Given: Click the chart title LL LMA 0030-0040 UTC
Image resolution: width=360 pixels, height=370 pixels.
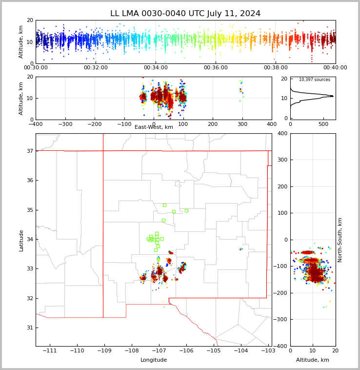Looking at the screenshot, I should click(185, 14).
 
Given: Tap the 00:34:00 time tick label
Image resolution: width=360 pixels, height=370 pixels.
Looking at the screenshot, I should click(156, 68).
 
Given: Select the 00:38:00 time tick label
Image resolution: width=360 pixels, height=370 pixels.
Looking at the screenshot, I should click(276, 68).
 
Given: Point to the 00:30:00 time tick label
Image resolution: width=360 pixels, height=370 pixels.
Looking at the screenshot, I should click(36, 68).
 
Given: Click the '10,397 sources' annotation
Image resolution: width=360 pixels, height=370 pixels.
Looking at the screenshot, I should click(314, 80).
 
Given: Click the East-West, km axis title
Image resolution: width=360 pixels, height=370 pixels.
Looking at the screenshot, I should click(154, 127).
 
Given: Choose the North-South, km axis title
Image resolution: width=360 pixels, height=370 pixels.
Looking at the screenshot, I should click(340, 240).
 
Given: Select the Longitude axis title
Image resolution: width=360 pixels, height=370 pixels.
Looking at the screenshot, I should click(154, 360).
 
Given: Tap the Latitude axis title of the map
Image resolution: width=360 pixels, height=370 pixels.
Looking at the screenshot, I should click(21, 240).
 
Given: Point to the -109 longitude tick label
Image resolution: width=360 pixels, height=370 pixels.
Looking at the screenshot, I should click(103, 351).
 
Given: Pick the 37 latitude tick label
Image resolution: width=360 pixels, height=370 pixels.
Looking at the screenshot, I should click(29, 151).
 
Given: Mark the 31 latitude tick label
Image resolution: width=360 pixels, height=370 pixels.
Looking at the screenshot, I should click(29, 328).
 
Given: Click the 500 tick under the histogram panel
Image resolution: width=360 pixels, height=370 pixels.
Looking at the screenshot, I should click(323, 124).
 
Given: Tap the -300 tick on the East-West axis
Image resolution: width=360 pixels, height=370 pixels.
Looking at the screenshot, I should click(65, 124).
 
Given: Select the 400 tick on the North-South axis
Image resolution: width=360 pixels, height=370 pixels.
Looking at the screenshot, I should click(282, 133).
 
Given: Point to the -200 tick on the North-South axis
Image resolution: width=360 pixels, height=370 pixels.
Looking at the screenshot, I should click(280, 293).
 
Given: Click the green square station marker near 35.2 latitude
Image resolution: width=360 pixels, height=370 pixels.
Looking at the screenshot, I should click(164, 205).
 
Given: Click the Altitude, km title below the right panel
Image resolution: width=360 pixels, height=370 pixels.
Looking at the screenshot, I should click(313, 360).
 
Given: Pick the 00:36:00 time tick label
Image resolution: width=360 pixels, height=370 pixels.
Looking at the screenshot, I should click(216, 68).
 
